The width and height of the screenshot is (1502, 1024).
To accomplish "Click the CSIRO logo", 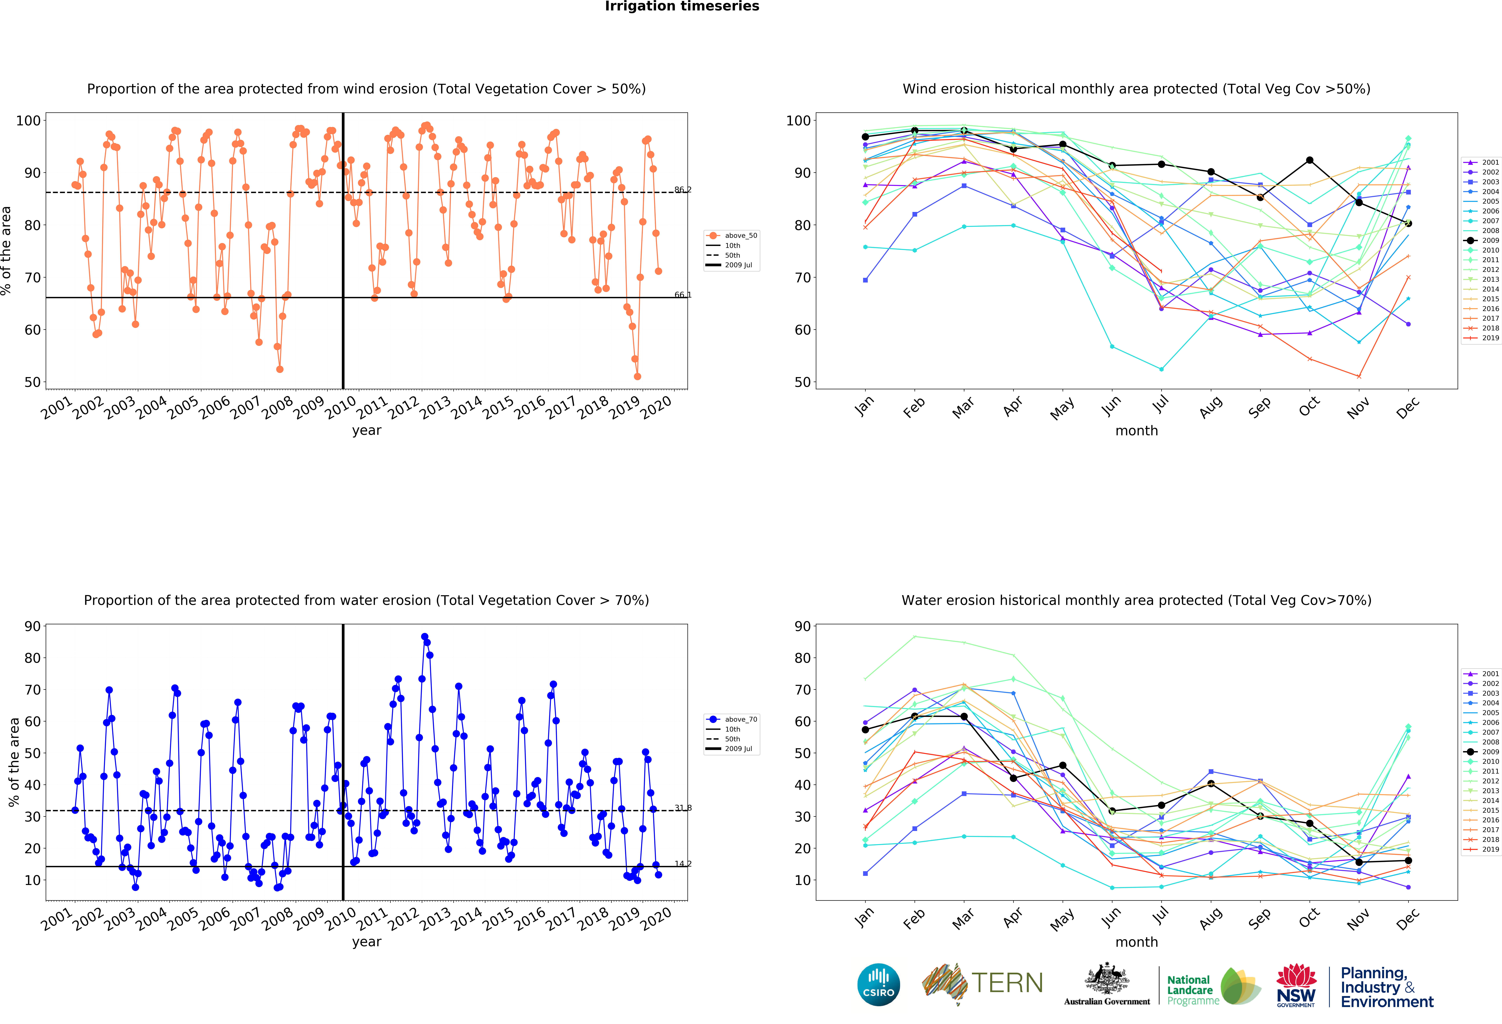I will (878, 985).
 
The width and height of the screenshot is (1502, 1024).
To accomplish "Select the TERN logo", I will (982, 983).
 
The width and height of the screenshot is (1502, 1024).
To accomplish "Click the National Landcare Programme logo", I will (1213, 986).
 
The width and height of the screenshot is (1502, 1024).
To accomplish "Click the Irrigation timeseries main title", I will (682, 6).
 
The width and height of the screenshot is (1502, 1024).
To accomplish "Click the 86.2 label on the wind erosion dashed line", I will (682, 189).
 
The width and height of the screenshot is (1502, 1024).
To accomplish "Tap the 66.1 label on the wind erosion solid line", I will (682, 295).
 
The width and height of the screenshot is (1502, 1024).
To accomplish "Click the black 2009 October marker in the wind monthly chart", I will (1309, 160).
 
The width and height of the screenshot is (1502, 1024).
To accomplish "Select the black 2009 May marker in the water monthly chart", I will (1062, 765).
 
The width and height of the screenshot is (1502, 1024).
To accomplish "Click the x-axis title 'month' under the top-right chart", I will (1136, 430).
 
